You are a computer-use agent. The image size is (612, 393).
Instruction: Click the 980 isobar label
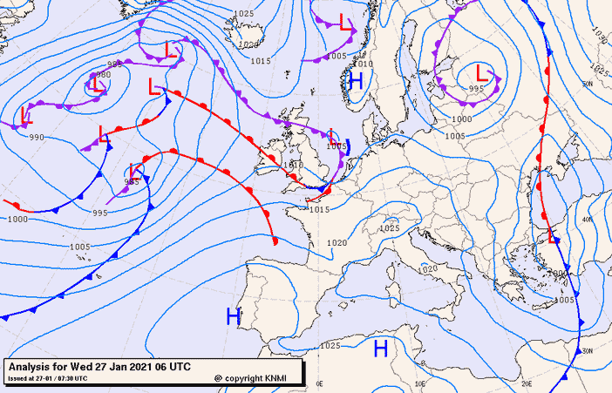coord(104,75)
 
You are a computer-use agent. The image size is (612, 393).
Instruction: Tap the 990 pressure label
coord(36,138)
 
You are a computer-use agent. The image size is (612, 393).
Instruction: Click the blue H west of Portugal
coord(234,316)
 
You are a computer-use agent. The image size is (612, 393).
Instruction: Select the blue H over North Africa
coord(380,349)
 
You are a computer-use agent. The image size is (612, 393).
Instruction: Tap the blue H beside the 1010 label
coord(354,81)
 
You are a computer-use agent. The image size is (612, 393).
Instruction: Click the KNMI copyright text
coord(255,378)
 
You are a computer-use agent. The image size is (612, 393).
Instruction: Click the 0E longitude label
coord(320,383)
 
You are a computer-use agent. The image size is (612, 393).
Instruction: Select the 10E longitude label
coord(421,383)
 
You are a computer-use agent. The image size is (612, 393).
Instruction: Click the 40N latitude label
coord(588,220)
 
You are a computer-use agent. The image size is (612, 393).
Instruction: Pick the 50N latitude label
coord(587,84)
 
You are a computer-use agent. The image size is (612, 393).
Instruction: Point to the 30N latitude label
coord(588,351)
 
